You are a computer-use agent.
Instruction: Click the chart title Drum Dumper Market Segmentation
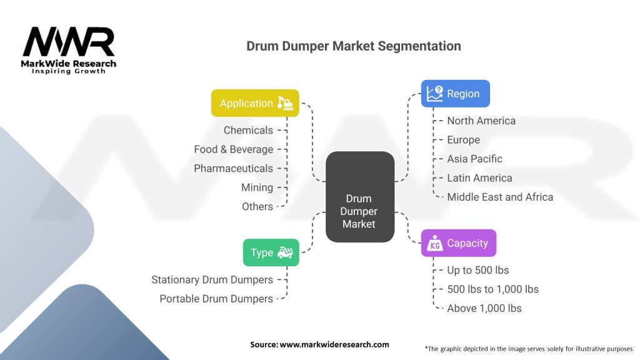click(354, 46)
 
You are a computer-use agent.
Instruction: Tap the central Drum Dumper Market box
click(359, 196)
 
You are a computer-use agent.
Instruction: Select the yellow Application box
click(255, 103)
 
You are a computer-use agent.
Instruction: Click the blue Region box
click(455, 94)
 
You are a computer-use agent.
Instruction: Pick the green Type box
click(271, 252)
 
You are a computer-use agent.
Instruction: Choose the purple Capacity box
click(458, 243)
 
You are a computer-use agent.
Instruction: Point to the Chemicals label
click(248, 130)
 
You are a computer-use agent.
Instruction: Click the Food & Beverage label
click(233, 149)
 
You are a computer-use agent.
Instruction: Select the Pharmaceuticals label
click(233, 168)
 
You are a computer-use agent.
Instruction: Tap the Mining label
click(257, 187)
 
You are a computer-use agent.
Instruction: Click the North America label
click(481, 121)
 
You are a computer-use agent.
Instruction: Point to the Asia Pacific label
click(474, 159)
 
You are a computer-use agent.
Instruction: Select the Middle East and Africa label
click(500, 197)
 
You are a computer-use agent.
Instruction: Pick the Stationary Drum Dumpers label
click(212, 280)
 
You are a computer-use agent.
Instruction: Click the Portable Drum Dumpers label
click(216, 299)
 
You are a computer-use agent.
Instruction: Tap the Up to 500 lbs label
click(477, 270)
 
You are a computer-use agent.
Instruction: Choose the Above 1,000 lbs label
click(484, 308)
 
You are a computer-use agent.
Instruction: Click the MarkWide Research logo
click(69, 50)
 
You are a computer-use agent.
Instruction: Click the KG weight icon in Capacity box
click(434, 244)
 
